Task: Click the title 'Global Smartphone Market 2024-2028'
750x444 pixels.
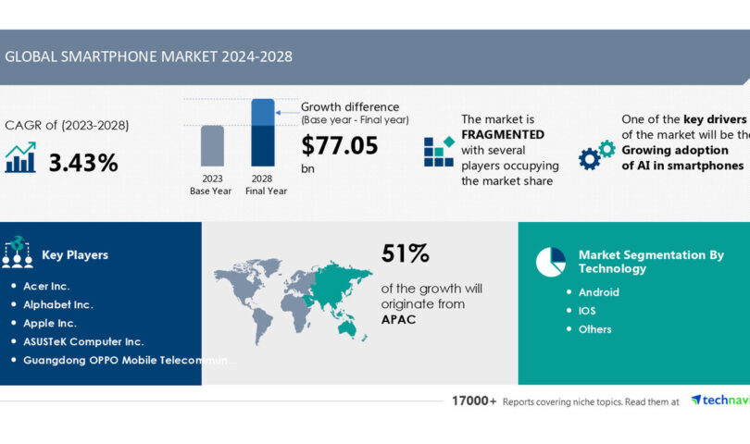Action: [148, 56]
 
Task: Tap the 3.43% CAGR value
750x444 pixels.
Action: [83, 163]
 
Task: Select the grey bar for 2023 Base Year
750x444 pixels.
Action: [213, 146]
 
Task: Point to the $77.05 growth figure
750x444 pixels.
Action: [339, 144]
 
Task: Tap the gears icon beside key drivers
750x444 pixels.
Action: [596, 154]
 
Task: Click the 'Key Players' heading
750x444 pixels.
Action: [75, 255]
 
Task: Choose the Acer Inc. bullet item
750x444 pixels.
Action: [46, 286]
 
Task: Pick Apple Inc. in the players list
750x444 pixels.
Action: [50, 323]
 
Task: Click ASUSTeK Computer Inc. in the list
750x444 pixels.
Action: [83, 341]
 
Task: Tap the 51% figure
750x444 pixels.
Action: [406, 253]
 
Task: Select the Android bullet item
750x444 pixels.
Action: [598, 292]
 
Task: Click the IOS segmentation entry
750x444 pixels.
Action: [587, 311]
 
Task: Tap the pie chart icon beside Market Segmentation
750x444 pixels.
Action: [551, 262]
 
